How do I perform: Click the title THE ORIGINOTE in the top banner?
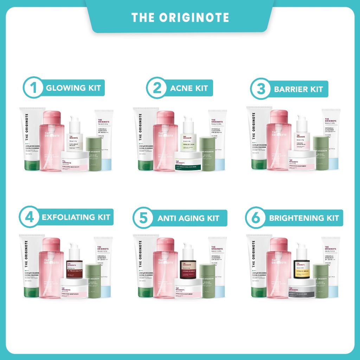pyautogui.click(x=180, y=17)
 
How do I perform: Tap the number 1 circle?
pyautogui.click(x=34, y=88)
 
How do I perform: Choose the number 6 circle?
pyautogui.click(x=256, y=218)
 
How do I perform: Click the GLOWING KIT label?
pyautogui.click(x=73, y=88)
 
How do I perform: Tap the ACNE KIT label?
pyautogui.click(x=189, y=88)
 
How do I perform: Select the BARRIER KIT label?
pyautogui.click(x=298, y=89)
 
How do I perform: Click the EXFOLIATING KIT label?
pyautogui.click(x=76, y=217)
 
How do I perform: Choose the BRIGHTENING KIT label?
pyautogui.click(x=304, y=218)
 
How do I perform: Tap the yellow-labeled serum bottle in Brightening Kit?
pyautogui.click(x=302, y=269)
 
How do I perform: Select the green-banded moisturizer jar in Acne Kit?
pyautogui.click(x=188, y=162)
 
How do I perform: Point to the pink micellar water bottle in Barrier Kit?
pyautogui.click(x=279, y=144)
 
